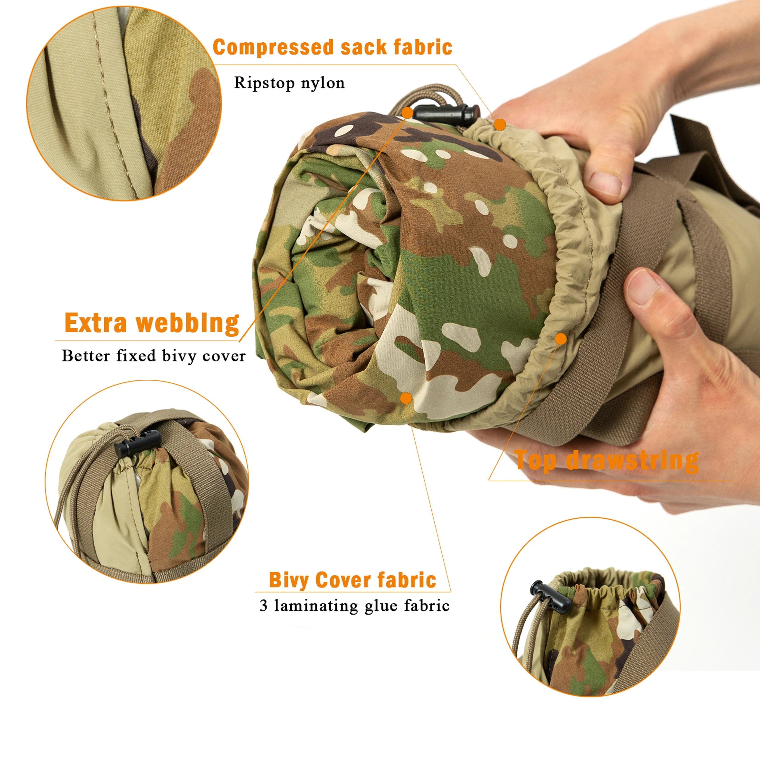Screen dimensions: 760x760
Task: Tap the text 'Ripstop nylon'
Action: click(289, 83)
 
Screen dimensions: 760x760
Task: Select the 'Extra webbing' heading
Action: click(152, 323)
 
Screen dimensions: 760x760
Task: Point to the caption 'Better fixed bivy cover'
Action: click(154, 356)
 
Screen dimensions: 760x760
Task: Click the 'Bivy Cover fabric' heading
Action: click(352, 580)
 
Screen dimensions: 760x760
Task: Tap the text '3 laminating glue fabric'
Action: click(354, 606)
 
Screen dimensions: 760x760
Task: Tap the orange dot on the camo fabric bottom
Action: click(406, 399)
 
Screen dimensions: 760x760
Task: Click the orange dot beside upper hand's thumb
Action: click(500, 125)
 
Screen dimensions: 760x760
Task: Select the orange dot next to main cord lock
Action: click(408, 113)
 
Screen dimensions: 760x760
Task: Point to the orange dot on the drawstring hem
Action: click(561, 339)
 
